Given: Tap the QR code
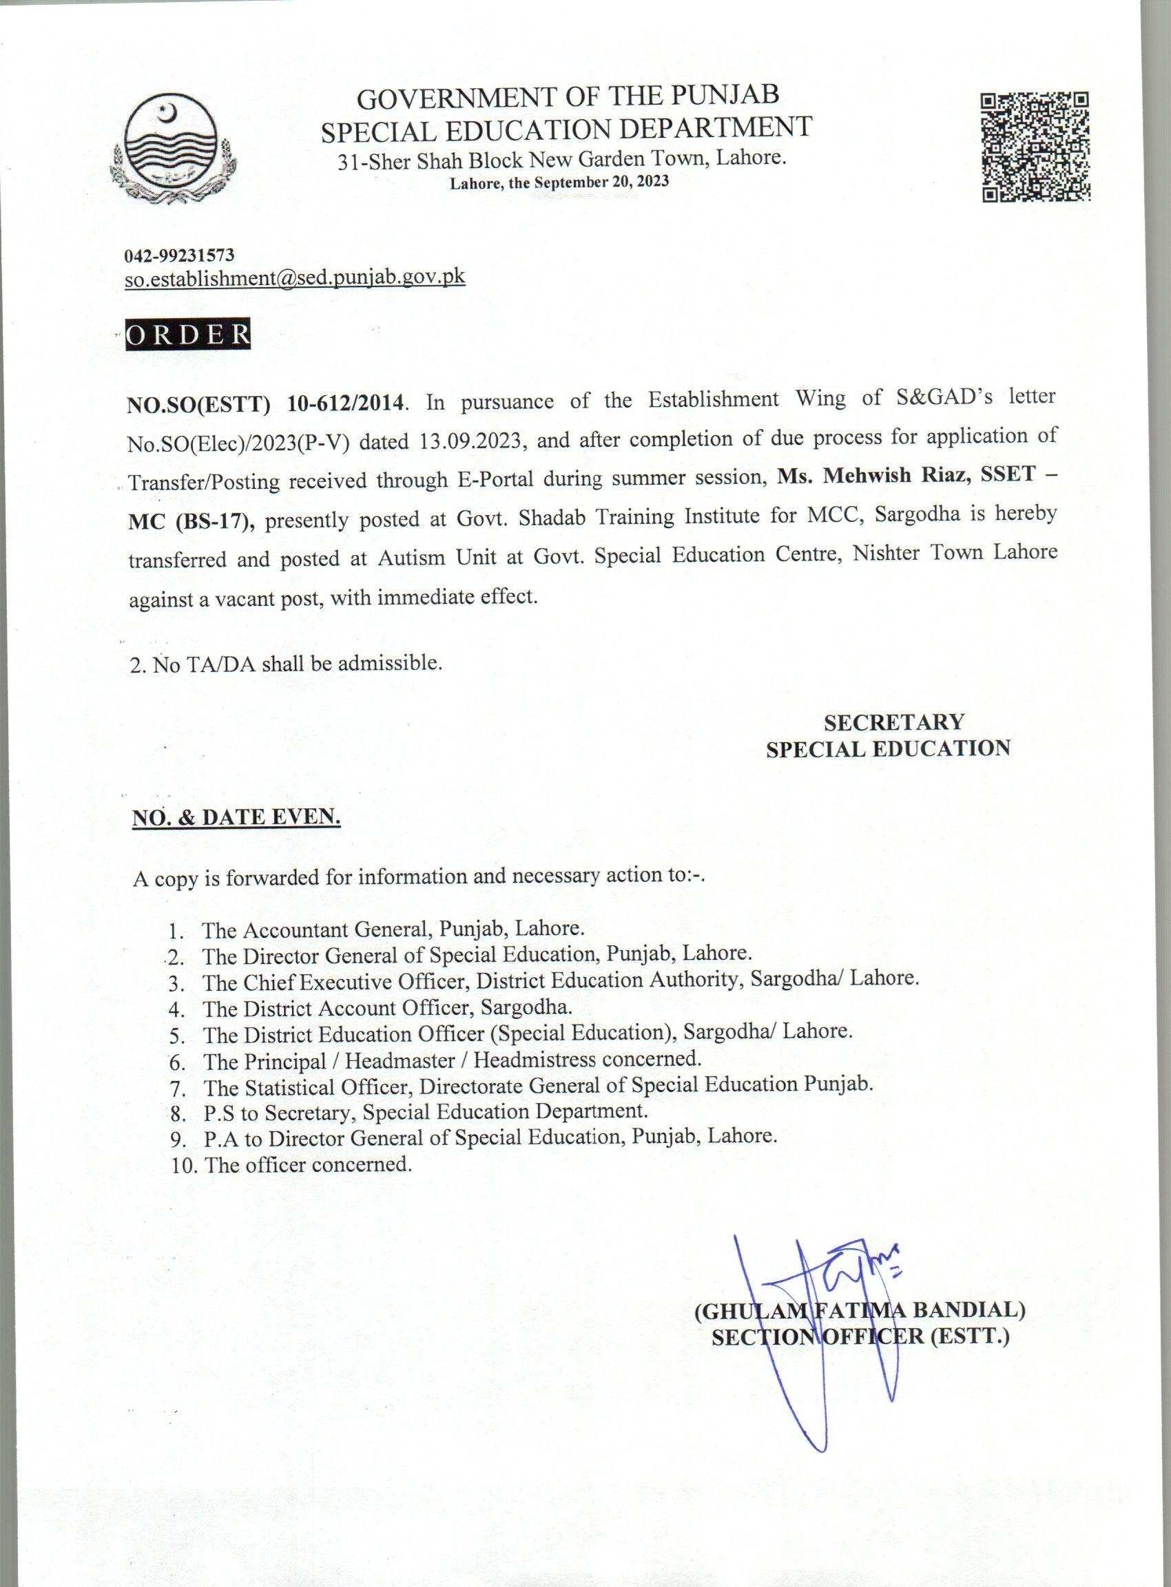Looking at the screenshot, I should coord(1035,147).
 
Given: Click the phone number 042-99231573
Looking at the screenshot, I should coord(179,254).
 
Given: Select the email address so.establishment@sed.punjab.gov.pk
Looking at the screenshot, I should coord(295,277).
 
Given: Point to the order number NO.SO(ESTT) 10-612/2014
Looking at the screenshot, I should coord(266,403).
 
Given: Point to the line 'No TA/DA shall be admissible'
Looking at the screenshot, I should coord(287,664).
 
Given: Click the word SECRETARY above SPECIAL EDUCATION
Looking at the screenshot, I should coord(893,722).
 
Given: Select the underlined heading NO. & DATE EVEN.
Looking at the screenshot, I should coord(237,817).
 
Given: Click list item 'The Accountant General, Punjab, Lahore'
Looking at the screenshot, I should coord(393,928).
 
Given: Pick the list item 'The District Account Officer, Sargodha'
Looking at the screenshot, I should coord(387,1007).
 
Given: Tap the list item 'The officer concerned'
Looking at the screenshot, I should coord(308,1164).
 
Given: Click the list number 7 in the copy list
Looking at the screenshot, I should coord(177,1088).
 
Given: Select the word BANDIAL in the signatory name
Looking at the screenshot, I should coord(968,1310).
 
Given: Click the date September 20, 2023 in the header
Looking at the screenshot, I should coord(601,181).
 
